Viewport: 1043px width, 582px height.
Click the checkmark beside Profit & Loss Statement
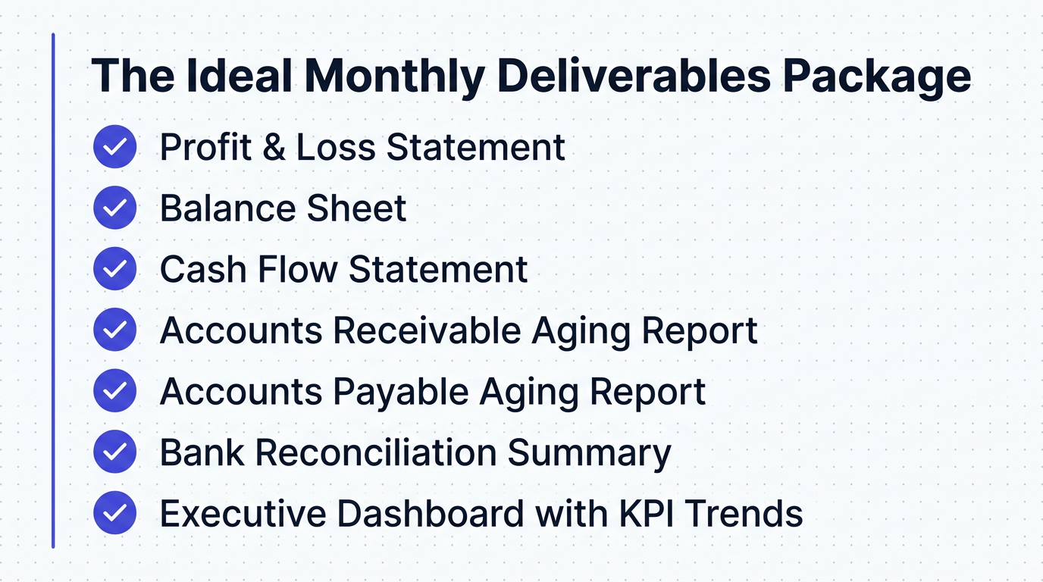114,147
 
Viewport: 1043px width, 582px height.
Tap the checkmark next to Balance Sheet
114,208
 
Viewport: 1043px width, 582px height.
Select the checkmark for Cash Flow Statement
114,269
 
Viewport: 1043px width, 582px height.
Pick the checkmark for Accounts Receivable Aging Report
114,330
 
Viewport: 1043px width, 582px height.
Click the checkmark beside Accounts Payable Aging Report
114,391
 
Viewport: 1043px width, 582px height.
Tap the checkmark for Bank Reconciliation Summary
114,452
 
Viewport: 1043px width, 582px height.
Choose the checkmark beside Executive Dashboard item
114,513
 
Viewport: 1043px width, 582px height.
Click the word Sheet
361,208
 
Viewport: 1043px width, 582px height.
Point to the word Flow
300,270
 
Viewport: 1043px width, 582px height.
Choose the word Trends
744,514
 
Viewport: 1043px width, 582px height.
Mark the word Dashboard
430,514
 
